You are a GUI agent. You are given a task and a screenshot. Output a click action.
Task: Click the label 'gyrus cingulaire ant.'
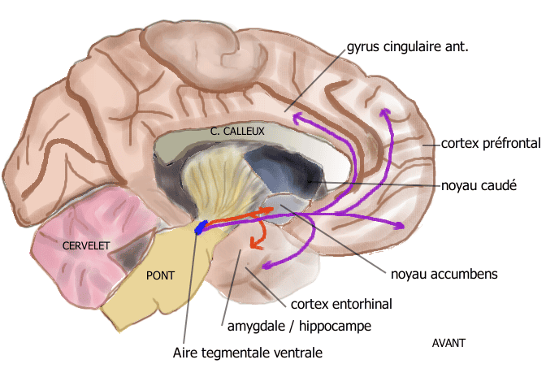pyautogui.click(x=407, y=46)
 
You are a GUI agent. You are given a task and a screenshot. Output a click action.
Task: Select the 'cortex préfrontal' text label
pyautogui.click(x=491, y=144)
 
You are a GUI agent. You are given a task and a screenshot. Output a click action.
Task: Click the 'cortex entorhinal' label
pyautogui.click(x=341, y=304)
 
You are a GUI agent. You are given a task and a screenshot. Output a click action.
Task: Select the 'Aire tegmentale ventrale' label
pyautogui.click(x=248, y=353)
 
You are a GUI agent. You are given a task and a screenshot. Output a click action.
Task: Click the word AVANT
pyautogui.click(x=448, y=343)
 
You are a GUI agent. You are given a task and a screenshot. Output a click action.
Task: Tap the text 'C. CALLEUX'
pyautogui.click(x=237, y=131)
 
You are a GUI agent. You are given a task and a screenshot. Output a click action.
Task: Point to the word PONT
pyautogui.click(x=160, y=275)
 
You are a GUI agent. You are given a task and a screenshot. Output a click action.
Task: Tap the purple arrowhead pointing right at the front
pyautogui.click(x=400, y=224)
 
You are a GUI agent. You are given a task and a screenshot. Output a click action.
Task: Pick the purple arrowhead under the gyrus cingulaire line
pyautogui.click(x=298, y=119)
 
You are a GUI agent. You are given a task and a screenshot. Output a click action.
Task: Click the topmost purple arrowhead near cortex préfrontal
pyautogui.click(x=386, y=112)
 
